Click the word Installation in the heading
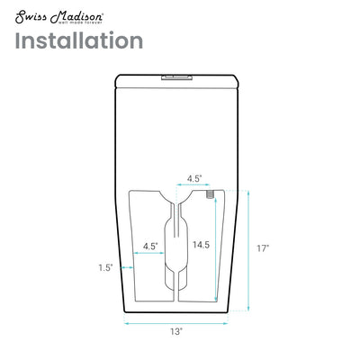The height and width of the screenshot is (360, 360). pos(79,40)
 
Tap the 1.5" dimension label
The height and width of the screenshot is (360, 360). pos(106,267)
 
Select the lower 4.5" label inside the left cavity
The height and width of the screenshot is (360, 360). pos(150,245)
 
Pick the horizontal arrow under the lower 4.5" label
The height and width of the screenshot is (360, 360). pos(148,255)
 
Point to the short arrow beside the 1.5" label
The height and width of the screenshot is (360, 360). pos(124,267)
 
